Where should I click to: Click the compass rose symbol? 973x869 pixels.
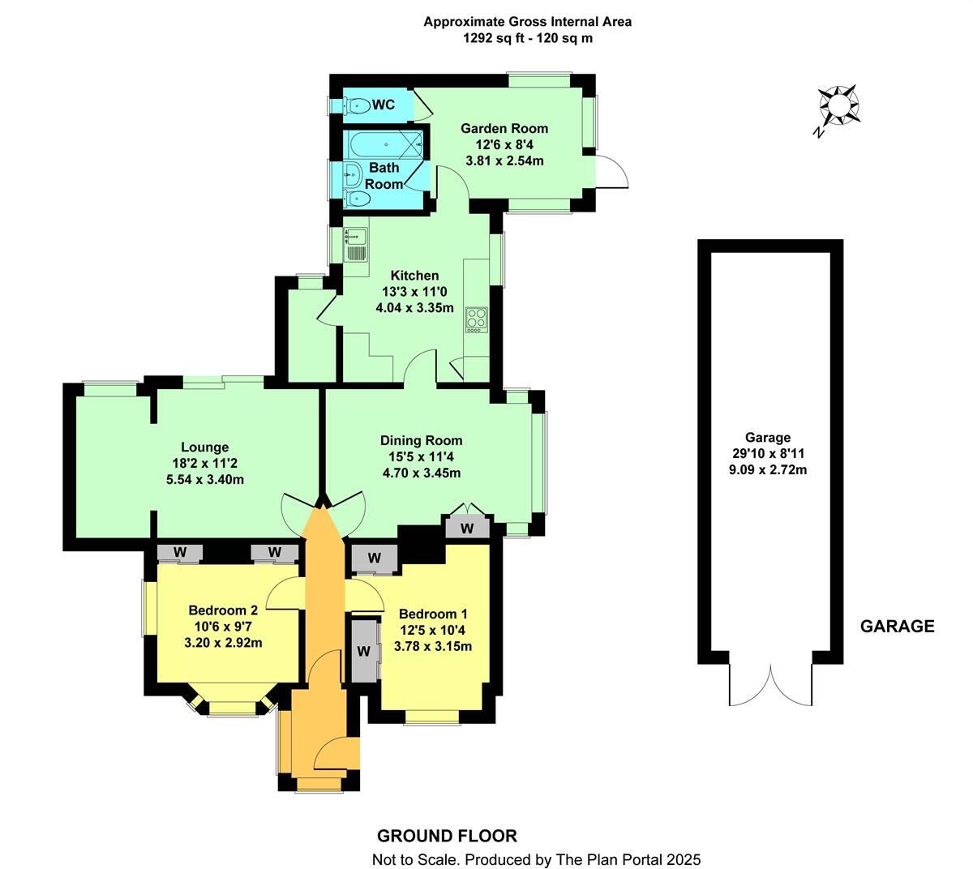point(838,106)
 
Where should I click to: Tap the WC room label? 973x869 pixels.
point(384,105)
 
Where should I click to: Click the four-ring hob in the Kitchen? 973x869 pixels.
point(475,319)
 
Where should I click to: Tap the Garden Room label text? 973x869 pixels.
point(504,128)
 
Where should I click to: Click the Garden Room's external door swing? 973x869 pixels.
point(612,173)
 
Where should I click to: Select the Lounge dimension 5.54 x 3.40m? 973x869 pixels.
point(204,479)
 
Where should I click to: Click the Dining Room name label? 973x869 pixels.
point(421,440)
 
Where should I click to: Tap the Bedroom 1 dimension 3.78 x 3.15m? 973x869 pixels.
point(432,646)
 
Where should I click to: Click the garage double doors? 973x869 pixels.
point(771,686)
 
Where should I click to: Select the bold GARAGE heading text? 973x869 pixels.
point(897,626)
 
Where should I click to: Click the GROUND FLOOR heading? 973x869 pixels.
point(447,836)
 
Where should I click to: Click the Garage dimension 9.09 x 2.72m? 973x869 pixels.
point(769,469)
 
